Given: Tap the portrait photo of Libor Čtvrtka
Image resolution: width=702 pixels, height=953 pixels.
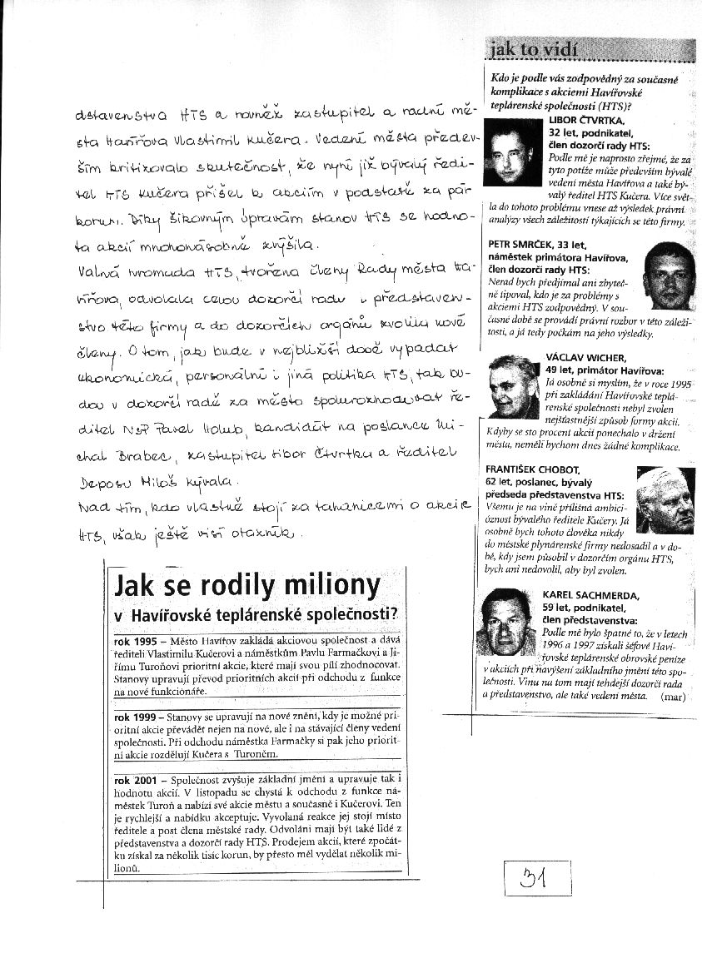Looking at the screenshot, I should pos(511,151).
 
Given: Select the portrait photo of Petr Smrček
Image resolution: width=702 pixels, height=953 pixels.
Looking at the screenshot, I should pos(667,275).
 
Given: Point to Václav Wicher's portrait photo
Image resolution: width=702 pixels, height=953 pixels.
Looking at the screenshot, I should pos(513,387).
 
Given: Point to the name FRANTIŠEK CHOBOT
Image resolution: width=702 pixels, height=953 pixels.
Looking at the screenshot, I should pos(530,470).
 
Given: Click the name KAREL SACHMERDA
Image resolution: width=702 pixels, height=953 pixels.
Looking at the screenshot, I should pos(590,595).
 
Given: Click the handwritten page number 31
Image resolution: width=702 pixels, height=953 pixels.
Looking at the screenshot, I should pos(537,876).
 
